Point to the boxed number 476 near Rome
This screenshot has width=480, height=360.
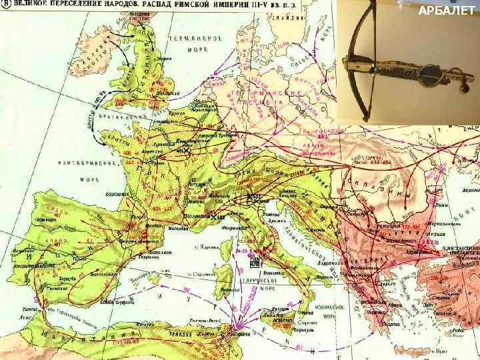(x=253, y=265)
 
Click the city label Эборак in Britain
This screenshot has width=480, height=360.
(x=163, y=59)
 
